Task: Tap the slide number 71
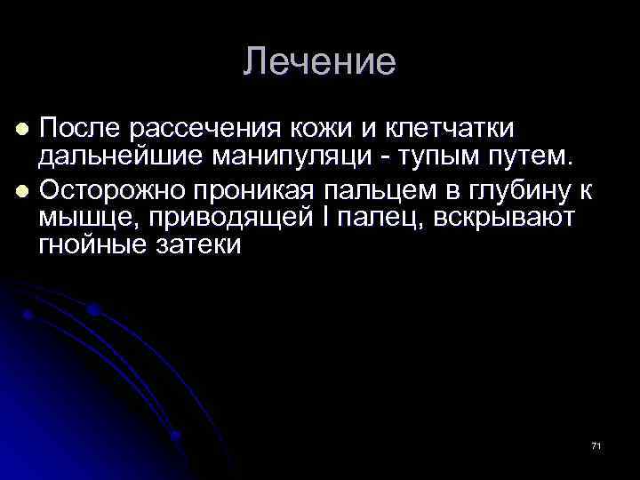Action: point(596,445)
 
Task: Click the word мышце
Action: point(81,219)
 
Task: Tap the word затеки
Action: point(202,246)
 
